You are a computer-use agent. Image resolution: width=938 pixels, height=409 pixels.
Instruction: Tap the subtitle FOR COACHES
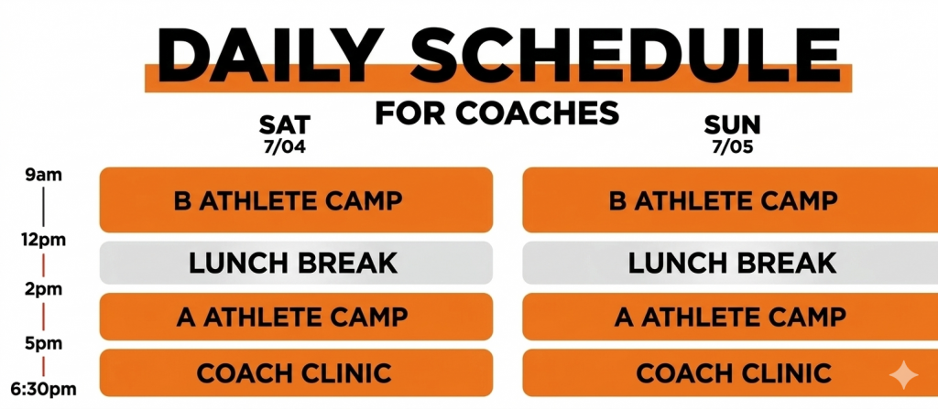(497, 113)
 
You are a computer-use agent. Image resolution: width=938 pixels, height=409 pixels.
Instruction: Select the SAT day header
(285, 125)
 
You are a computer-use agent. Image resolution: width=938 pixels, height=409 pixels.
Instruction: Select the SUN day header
(732, 125)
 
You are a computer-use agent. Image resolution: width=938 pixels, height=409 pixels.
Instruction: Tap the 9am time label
(44, 176)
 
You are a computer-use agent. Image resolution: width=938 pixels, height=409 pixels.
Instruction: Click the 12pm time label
(44, 241)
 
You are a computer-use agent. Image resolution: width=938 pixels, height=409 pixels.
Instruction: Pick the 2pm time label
(44, 289)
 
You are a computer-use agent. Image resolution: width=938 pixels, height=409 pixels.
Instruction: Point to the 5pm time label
(44, 344)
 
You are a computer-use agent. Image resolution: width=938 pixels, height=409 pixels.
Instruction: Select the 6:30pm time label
(44, 390)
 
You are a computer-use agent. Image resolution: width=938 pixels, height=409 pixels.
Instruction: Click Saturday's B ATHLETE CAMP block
(296, 199)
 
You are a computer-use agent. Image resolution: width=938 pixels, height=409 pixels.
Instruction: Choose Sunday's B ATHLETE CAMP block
(730, 199)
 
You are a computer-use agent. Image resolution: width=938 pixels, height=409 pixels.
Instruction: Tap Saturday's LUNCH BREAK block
(296, 263)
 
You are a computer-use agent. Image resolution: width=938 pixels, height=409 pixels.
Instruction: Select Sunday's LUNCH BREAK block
(730, 263)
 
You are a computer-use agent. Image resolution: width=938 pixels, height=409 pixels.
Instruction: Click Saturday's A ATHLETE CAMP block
(296, 317)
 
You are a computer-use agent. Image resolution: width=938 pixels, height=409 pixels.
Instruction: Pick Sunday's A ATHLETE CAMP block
(730, 317)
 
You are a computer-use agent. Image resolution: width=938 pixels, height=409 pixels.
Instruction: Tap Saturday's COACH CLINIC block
(296, 372)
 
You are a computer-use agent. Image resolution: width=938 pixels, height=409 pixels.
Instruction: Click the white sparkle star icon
(903, 375)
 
